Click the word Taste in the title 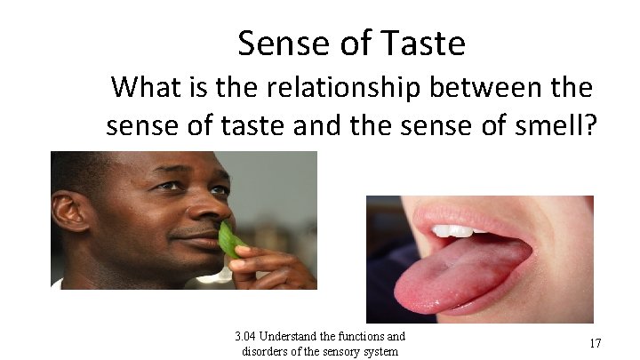point(421,42)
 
